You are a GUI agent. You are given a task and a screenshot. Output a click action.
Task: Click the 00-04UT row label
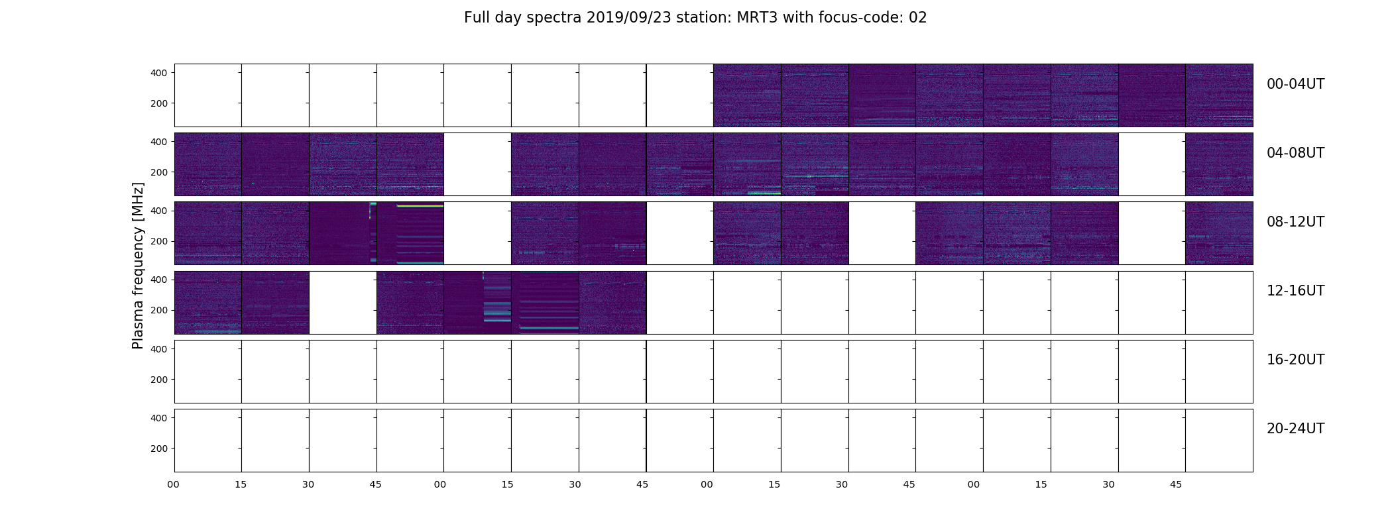coord(1295,84)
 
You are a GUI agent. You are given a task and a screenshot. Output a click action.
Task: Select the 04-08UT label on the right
coord(1295,153)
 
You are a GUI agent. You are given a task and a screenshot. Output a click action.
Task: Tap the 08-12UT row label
coord(1295,222)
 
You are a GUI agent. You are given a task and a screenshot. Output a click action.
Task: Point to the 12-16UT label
coord(1295,291)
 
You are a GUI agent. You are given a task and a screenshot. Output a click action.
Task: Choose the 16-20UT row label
coord(1295,360)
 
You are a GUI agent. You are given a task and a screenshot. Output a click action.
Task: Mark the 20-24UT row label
coord(1295,429)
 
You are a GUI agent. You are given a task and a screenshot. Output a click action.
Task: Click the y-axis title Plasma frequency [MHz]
coord(138,266)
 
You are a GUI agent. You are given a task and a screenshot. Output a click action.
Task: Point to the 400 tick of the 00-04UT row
coord(159,73)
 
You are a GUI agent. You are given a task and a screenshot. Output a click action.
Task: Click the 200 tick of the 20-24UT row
coord(159,449)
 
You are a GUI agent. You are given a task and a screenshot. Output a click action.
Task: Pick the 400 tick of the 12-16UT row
coord(159,280)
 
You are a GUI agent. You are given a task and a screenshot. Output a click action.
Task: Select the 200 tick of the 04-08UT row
coord(159,172)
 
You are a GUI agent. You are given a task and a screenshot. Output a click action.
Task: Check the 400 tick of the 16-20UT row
coord(159,349)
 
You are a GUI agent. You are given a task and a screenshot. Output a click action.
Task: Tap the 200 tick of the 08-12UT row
coord(159,241)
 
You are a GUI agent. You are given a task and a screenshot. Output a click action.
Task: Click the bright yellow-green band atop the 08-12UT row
coord(420,206)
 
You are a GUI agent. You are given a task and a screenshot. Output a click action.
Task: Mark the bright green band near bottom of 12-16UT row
coord(549,328)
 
